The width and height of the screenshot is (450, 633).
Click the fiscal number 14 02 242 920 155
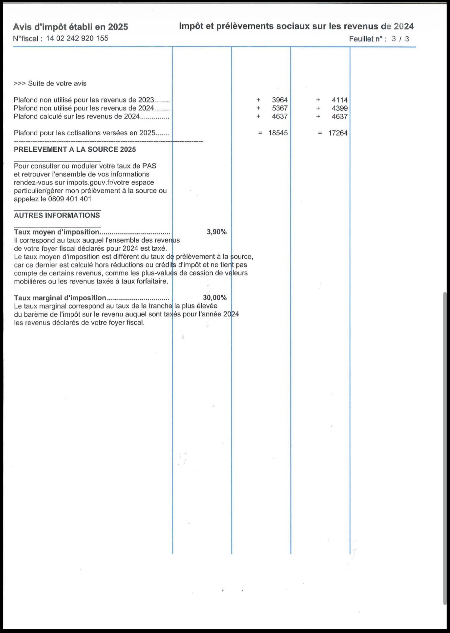[x=77, y=38]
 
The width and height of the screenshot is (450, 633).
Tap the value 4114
[x=340, y=100]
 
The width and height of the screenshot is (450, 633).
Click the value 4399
[x=340, y=108]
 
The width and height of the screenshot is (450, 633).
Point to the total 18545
[x=278, y=133]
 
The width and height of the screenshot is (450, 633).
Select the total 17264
[x=338, y=133]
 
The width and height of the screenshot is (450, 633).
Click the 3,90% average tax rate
[x=216, y=232]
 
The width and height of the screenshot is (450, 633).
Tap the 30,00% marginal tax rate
[x=215, y=298]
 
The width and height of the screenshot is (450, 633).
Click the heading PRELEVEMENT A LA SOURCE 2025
[x=75, y=150]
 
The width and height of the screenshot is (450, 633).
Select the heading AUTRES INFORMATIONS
[x=57, y=215]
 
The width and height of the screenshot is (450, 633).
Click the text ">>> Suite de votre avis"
[x=50, y=83]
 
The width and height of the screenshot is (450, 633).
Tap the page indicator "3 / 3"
[x=400, y=39]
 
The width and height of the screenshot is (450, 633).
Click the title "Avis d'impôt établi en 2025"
[x=70, y=27]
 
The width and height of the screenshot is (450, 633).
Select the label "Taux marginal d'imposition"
[x=60, y=298]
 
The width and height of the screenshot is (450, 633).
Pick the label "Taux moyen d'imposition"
[x=56, y=232]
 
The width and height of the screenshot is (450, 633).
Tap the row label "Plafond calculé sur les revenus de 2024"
[x=76, y=116]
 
